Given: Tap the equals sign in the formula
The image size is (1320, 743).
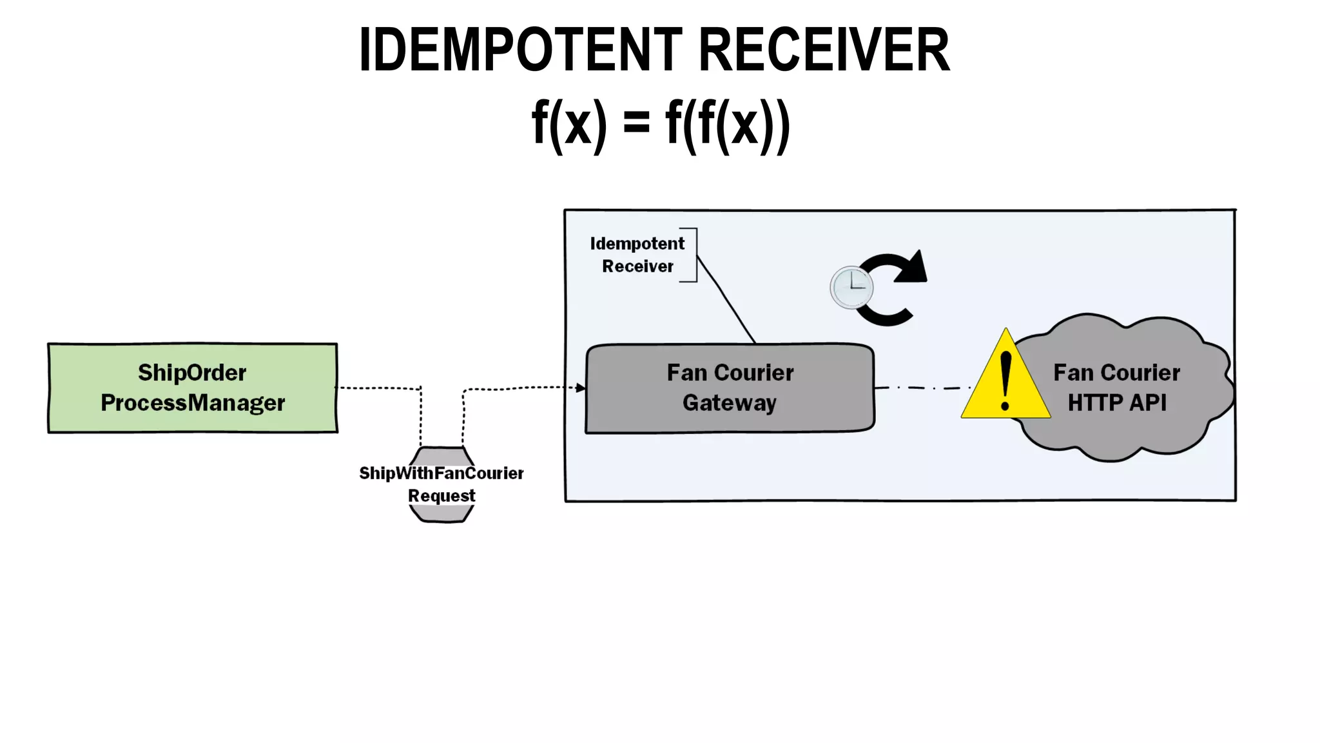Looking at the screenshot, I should point(636,123).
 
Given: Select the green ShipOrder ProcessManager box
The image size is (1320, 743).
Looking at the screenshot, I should point(192,388).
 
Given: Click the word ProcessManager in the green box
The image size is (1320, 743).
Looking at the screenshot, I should point(192,403).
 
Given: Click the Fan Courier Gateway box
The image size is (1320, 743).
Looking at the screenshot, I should point(730,388).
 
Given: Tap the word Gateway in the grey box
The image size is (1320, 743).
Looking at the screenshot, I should point(730,403).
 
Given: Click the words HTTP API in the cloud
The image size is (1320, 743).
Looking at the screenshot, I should point(1116,403).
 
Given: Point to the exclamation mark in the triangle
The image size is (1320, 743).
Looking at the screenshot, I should point(1005,381).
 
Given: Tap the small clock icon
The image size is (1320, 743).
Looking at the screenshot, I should point(851,287).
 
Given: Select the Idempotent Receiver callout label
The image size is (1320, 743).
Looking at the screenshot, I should point(637,255).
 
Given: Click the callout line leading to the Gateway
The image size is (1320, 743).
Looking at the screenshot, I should point(727,300).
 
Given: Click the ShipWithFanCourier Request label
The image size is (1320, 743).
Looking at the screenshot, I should point(442,484).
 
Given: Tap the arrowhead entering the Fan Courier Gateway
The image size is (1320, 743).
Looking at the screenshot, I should point(581,388).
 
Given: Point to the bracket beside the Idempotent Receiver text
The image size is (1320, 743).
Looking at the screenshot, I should point(694,255).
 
